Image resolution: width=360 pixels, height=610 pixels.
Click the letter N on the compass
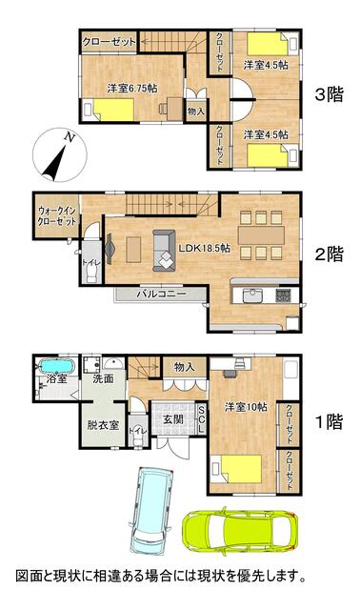click(x=70, y=136)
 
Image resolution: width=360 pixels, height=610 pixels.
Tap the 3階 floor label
click(x=329, y=94)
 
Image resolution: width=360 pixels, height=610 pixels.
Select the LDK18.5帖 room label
click(x=204, y=248)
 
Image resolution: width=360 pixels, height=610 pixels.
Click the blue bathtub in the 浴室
click(x=57, y=366)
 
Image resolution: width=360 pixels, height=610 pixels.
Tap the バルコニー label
click(x=161, y=295)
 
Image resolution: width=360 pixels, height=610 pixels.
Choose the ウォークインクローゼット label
click(x=57, y=216)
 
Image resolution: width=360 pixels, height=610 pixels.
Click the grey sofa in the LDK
click(x=164, y=250)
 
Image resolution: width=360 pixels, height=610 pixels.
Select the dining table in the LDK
click(x=261, y=235)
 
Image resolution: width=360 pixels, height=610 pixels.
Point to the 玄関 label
click(x=173, y=419)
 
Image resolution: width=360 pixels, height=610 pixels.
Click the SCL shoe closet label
click(x=201, y=419)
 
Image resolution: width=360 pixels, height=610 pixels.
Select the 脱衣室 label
click(x=103, y=425)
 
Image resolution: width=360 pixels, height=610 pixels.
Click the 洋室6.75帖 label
click(x=132, y=89)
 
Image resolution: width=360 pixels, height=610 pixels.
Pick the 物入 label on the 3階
click(x=195, y=112)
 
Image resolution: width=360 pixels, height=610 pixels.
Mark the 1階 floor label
click(x=329, y=422)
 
